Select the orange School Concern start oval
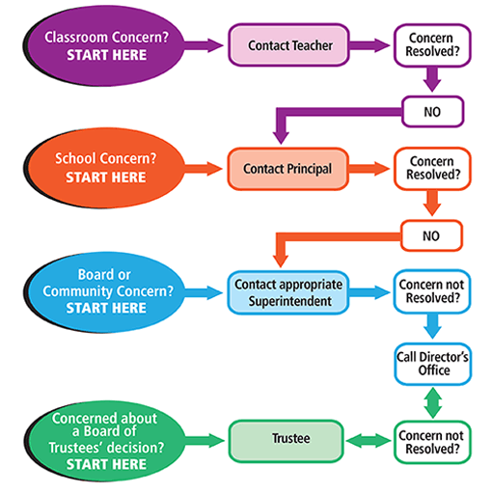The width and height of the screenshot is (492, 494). click(x=107, y=168)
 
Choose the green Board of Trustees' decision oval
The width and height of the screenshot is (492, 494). click(x=107, y=439)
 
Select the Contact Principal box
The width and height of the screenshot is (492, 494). click(x=287, y=169)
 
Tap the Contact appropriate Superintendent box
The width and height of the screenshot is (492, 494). click(x=287, y=292)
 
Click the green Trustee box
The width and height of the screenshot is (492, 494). click(x=287, y=441)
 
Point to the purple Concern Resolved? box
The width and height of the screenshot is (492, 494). click(x=432, y=44)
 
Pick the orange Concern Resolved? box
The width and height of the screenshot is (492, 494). click(x=432, y=168)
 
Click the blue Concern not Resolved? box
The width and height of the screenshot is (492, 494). click(x=432, y=292)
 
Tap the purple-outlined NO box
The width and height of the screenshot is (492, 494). click(x=432, y=111)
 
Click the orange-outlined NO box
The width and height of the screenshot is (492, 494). click(x=432, y=234)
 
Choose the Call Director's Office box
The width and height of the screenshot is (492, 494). click(x=432, y=364)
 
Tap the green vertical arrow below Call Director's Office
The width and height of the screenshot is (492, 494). click(x=432, y=402)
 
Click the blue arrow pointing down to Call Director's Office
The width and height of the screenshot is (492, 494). click(x=432, y=328)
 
